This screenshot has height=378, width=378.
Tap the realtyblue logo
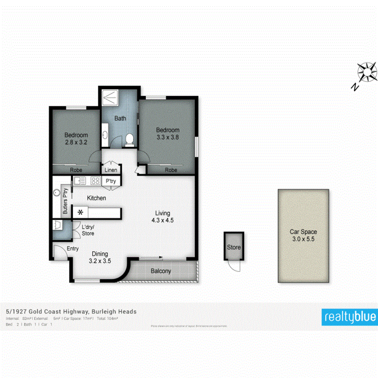point(349,317)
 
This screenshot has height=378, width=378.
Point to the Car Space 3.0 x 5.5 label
point(303,235)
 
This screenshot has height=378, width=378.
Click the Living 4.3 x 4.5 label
point(163,216)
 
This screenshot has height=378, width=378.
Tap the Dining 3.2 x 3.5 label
point(100,257)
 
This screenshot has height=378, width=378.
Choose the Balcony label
point(161,271)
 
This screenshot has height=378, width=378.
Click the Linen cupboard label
point(111,170)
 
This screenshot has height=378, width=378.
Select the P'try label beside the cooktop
point(111,181)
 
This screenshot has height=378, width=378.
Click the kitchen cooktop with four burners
point(95,181)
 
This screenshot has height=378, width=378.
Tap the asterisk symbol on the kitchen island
point(80,212)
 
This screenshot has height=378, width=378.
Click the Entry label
point(73,249)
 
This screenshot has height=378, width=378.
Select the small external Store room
point(234,247)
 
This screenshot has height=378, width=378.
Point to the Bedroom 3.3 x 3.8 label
point(168,134)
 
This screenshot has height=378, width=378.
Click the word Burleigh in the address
point(105,312)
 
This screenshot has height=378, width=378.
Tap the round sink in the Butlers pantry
point(57,193)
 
